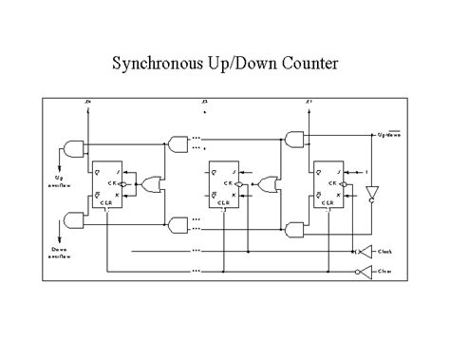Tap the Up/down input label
(x=392, y=135)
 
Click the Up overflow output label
(x=57, y=180)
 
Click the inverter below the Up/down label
(x=371, y=193)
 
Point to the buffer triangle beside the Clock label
(x=361, y=252)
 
